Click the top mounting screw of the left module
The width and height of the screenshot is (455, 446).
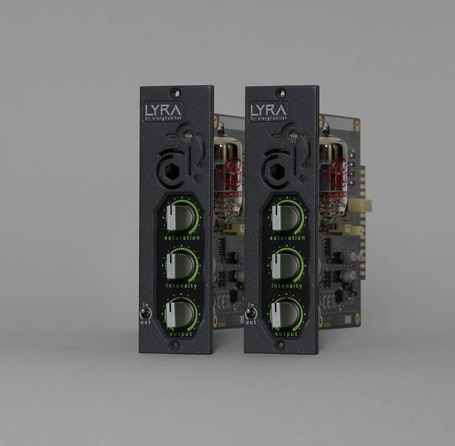click(x=177, y=91)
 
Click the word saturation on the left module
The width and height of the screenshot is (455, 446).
click(x=181, y=238)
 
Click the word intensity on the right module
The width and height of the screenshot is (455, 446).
click(x=287, y=286)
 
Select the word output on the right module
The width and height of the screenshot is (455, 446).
click(x=287, y=334)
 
